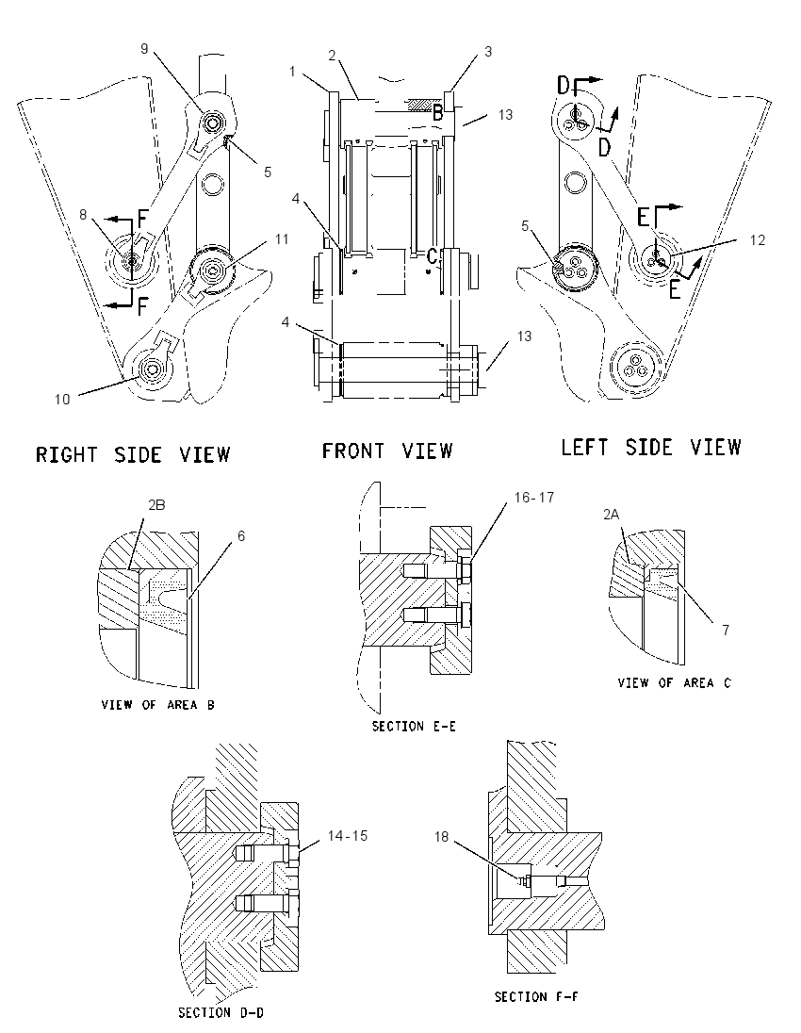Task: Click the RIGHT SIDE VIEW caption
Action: (133, 454)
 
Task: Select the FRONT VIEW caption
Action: (387, 451)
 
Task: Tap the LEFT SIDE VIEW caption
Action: (651, 448)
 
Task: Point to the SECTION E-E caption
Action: (414, 726)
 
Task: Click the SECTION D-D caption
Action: (221, 1012)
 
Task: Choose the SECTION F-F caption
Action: (536, 996)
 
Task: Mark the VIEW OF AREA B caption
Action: (157, 705)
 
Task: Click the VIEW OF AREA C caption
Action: (674, 683)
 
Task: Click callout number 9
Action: (144, 48)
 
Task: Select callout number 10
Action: (62, 400)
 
